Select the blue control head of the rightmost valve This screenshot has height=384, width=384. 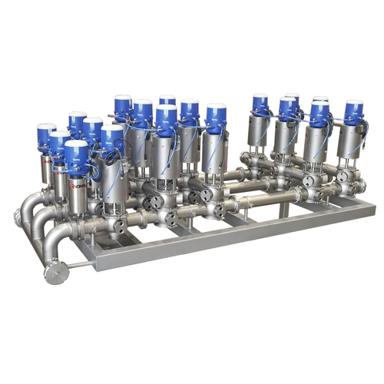pyautogui.click(x=353, y=114)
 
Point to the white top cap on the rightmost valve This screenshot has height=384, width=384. pyautogui.click(x=353, y=103)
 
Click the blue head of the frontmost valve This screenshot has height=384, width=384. pyautogui.click(x=76, y=156)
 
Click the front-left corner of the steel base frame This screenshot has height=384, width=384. pyautogui.click(x=96, y=265)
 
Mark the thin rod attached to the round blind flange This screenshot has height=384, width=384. pyautogui.click(x=77, y=266)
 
